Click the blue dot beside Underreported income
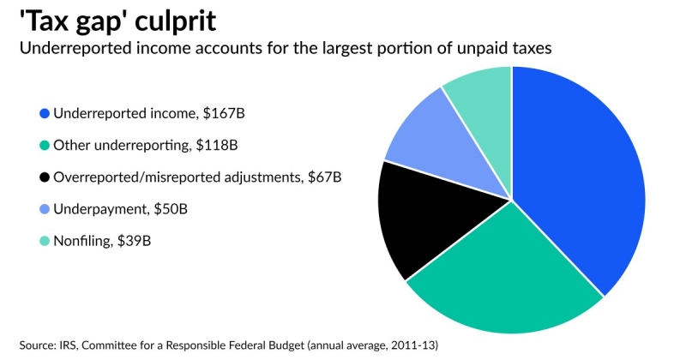coord(45,112)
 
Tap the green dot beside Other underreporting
coord(45,145)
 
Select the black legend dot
coord(45,177)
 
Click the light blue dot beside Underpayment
coord(45,210)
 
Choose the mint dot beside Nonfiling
coord(45,243)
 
